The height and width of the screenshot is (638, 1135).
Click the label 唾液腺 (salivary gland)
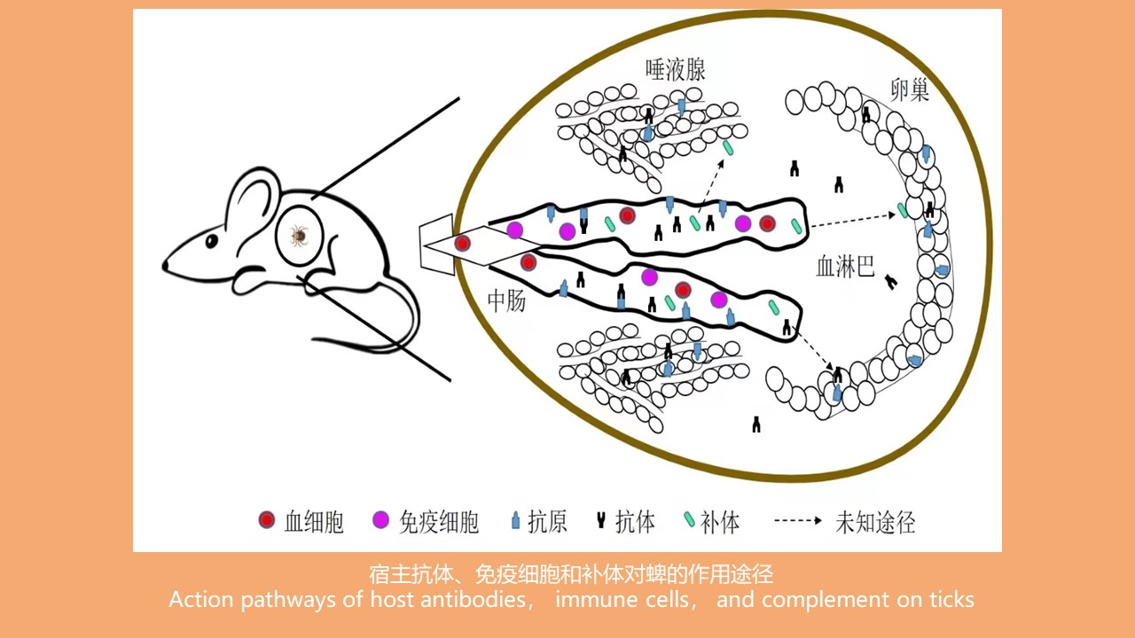point(676,71)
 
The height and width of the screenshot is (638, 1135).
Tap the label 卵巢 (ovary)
point(910,89)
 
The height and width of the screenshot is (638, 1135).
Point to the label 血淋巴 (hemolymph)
point(845,267)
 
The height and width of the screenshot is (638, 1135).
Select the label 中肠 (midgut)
point(506,301)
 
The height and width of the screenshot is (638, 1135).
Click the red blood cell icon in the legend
point(267,521)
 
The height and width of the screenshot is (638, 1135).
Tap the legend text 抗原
point(547,522)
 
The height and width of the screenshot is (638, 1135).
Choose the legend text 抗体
point(635,522)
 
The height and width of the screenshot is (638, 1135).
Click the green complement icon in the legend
point(689,521)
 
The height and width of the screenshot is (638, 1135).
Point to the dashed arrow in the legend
point(798,521)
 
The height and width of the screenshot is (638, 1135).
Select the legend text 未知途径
point(875,522)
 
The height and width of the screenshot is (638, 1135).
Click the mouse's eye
point(212,241)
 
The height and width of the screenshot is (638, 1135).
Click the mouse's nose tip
point(165,265)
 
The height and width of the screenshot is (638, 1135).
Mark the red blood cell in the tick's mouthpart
point(462,243)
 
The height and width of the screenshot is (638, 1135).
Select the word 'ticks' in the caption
point(950,600)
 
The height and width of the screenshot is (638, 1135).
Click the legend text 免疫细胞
point(439,522)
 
